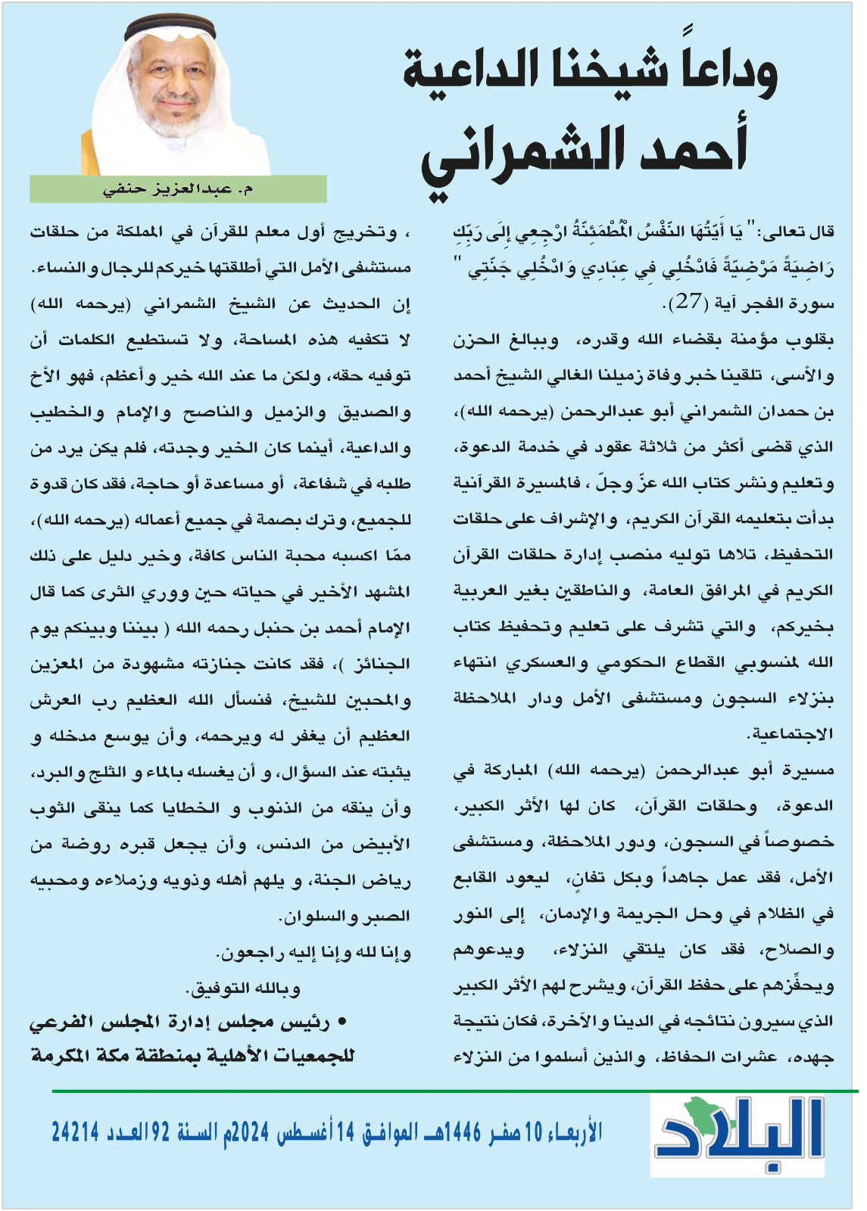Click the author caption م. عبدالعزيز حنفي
179,188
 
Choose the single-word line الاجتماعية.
790,733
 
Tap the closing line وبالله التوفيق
243,988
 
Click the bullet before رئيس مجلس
342,1023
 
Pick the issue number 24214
76,1132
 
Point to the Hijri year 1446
463,1132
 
